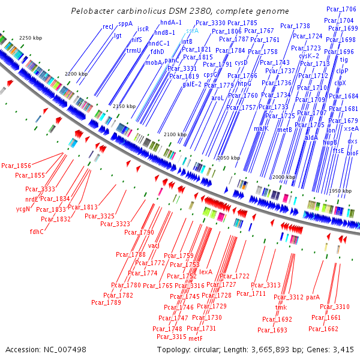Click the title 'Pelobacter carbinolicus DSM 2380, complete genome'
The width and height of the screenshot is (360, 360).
(x=179, y=11)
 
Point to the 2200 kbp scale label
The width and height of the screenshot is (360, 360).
(x=75, y=73)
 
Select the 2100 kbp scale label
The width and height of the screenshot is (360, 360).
(x=175, y=134)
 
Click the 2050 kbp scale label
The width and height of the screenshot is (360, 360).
(x=228, y=158)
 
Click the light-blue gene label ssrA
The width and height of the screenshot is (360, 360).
(x=192, y=30)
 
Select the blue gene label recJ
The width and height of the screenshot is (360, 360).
(x=108, y=26)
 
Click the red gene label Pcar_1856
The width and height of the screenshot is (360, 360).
(x=16, y=166)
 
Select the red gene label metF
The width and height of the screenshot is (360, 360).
(x=196, y=338)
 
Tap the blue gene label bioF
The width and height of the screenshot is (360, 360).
(x=352, y=153)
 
